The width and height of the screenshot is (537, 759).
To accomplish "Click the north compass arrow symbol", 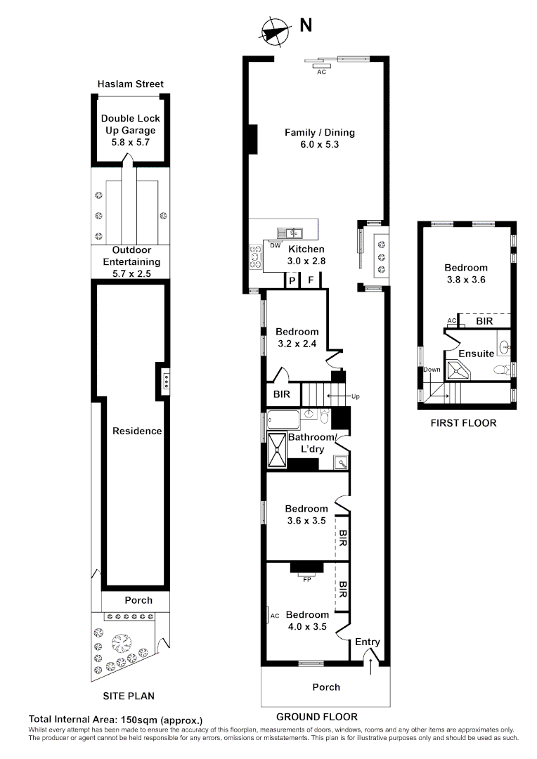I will (275, 31).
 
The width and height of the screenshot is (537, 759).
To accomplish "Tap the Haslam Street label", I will (130, 84).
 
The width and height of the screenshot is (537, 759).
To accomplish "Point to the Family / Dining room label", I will (319, 132).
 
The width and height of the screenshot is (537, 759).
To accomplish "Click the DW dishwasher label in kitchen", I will (276, 245).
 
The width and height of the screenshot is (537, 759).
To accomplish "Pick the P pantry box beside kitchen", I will (292, 280).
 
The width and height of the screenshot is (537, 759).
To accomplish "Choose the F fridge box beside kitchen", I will (311, 280).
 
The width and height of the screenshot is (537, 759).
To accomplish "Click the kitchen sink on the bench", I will (290, 232).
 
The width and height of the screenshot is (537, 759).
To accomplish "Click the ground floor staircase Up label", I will (356, 397).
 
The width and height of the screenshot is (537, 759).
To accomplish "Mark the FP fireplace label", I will (306, 580).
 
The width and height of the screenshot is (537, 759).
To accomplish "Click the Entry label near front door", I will (367, 642).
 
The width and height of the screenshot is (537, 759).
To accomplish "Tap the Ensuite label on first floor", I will (477, 353).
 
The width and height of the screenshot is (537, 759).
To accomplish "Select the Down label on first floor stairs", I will (432, 370).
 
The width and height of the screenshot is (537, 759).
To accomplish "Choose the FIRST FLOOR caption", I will (463, 423).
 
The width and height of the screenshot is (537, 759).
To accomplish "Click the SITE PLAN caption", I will (129, 696).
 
